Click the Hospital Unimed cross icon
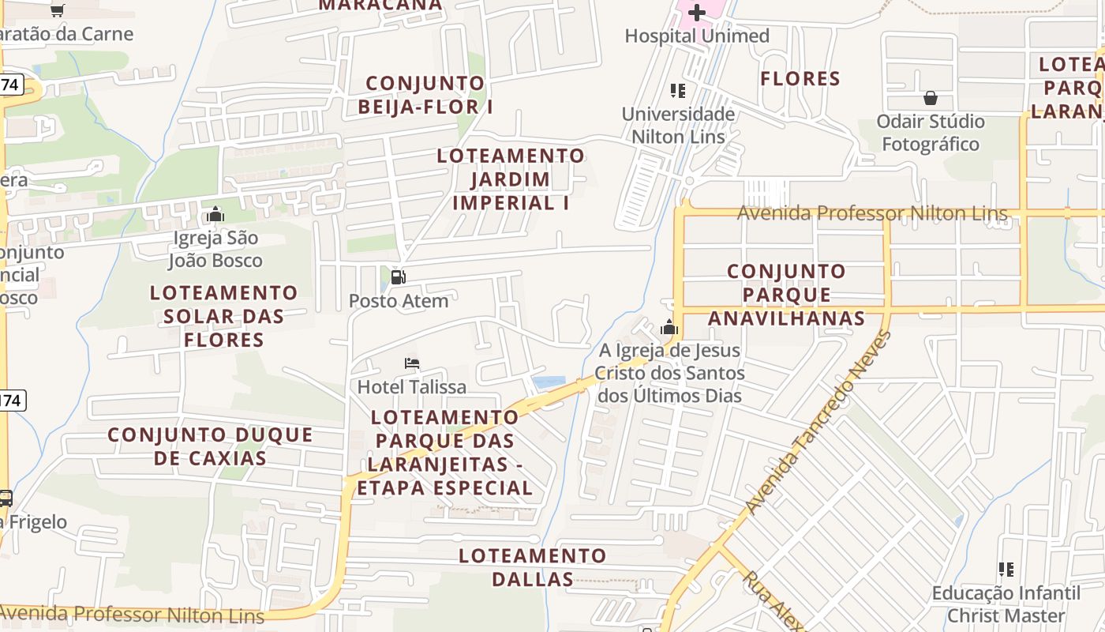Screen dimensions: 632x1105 click(x=697, y=13)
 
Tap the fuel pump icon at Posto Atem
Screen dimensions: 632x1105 click(x=399, y=277)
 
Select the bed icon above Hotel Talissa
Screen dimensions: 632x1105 click(x=412, y=363)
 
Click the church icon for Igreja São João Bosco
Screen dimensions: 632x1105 click(x=215, y=214)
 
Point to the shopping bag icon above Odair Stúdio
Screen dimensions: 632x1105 click(x=931, y=98)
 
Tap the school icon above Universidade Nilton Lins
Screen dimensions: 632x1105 click(x=677, y=91)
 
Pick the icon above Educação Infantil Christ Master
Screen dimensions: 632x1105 click(x=1006, y=569)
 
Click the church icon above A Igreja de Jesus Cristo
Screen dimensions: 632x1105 click(x=669, y=327)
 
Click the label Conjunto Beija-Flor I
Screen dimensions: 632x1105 click(x=425, y=95)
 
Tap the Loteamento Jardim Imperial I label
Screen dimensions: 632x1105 click(x=511, y=179)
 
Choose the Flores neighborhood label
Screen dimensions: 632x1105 click(x=800, y=78)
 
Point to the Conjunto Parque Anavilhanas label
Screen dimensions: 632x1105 click(x=786, y=295)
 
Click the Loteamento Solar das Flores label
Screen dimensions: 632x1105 click(x=224, y=316)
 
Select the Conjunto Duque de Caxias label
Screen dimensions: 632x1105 click(x=210, y=446)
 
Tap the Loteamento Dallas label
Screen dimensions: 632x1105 click(x=532, y=567)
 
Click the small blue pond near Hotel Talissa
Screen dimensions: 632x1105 click(x=549, y=383)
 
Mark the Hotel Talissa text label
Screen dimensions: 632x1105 click(x=412, y=387)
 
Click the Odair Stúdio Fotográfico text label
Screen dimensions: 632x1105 click(x=931, y=133)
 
